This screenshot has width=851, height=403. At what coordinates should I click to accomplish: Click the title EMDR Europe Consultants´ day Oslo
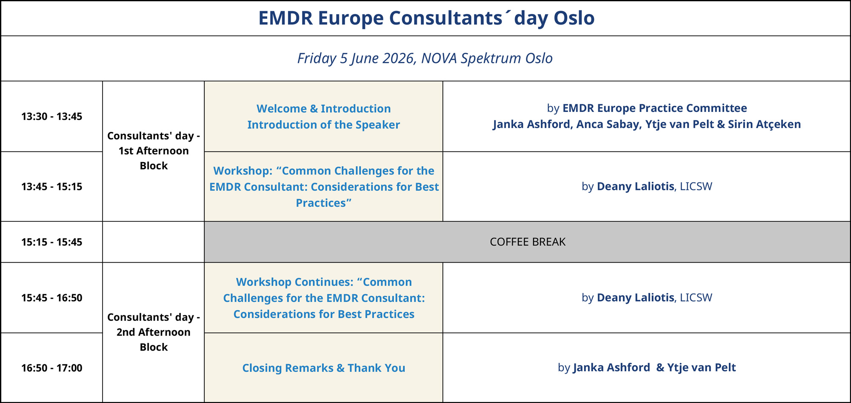click(x=426, y=18)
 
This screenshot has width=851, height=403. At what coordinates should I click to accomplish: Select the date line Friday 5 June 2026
click(x=356, y=58)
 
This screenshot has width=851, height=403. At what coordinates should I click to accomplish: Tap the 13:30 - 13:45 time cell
click(x=52, y=116)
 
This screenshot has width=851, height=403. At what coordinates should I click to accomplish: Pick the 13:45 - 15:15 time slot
click(x=52, y=186)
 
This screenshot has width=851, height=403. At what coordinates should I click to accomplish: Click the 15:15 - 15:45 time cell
click(x=52, y=242)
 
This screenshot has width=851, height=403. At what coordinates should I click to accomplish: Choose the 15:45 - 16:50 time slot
click(x=52, y=297)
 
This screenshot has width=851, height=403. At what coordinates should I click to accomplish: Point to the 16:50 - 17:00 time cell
click(x=52, y=368)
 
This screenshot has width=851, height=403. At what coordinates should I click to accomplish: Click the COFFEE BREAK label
click(x=528, y=242)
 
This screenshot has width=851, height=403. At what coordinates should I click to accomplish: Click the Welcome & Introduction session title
click(x=324, y=109)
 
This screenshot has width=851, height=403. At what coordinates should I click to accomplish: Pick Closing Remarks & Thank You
click(x=324, y=368)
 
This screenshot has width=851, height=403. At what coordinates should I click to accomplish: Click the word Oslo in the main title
click(x=574, y=18)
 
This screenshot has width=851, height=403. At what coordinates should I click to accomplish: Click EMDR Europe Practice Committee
click(x=655, y=108)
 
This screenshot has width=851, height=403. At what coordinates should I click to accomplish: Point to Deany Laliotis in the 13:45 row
click(x=635, y=186)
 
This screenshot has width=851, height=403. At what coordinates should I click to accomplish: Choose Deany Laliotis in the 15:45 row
click(x=635, y=297)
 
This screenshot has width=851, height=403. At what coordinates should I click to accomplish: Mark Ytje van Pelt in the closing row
click(x=701, y=368)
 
